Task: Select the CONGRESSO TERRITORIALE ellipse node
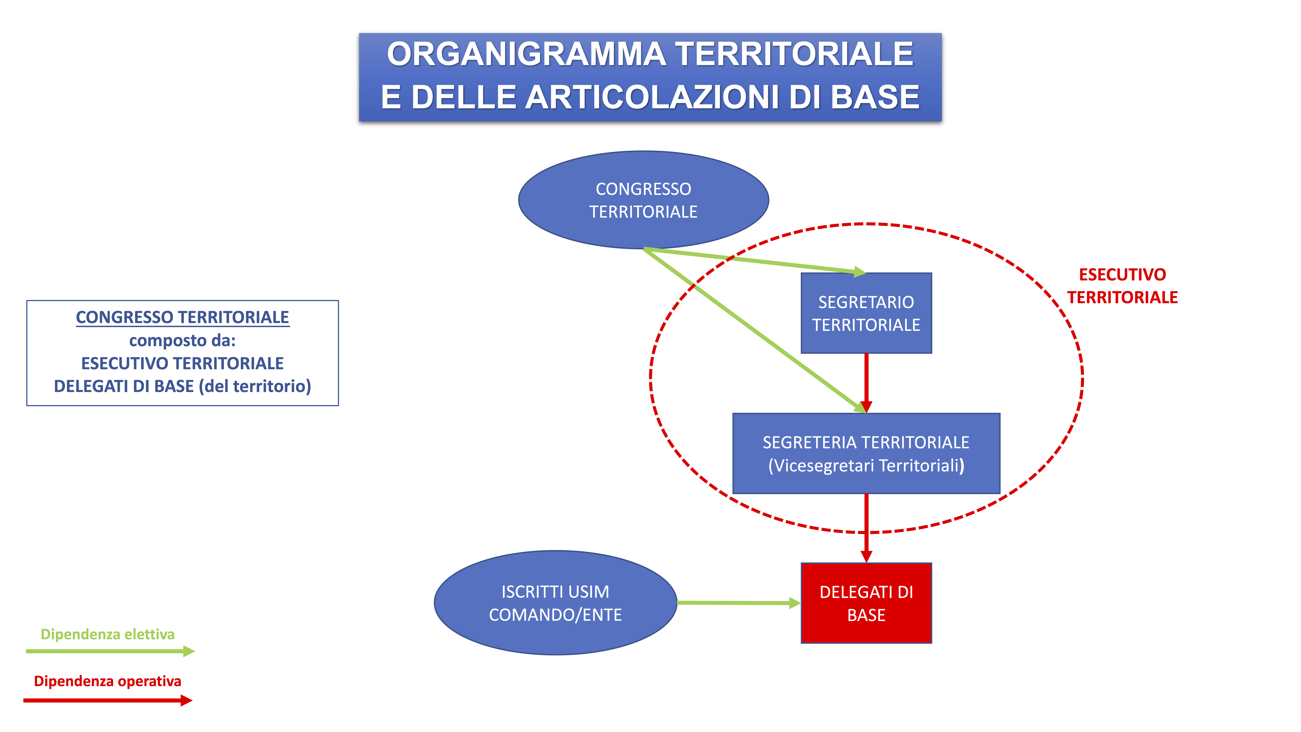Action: point(644,200)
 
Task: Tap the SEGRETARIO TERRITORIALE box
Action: point(866,313)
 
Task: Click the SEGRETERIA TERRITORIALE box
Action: point(866,453)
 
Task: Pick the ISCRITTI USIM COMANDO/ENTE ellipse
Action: point(556,603)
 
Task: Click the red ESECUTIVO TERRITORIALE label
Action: point(1122,286)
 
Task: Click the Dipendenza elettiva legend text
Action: point(107,635)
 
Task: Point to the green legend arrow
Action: point(110,651)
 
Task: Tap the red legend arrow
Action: point(108,700)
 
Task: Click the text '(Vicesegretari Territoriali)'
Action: point(866,465)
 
